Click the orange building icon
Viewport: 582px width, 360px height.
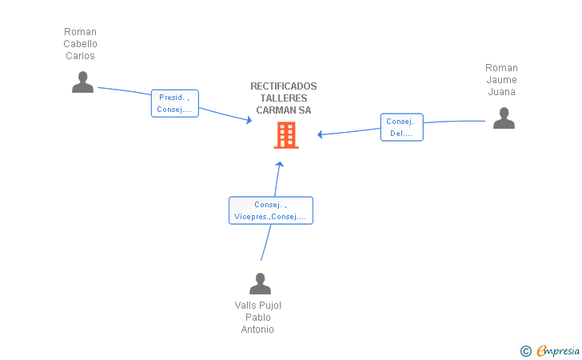pyautogui.click(x=286, y=136)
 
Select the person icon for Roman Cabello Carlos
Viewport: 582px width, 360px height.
pyautogui.click(x=82, y=82)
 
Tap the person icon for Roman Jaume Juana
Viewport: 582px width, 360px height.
pyautogui.click(x=504, y=118)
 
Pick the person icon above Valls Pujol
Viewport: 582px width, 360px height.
pyautogui.click(x=260, y=283)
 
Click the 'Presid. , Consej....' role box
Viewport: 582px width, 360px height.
pyautogui.click(x=175, y=103)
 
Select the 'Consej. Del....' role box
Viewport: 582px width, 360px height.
pyautogui.click(x=401, y=127)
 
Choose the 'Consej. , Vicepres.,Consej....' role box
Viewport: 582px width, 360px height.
pyautogui.click(x=271, y=210)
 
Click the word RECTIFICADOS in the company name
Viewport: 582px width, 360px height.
pyautogui.click(x=284, y=86)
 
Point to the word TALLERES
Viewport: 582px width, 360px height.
pyautogui.click(x=284, y=98)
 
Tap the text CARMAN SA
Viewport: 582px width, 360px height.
pyautogui.click(x=284, y=110)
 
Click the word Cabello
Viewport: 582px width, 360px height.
pyautogui.click(x=80, y=44)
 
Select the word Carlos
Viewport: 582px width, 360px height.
pyautogui.click(x=80, y=56)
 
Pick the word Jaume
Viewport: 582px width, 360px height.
pyautogui.click(x=501, y=80)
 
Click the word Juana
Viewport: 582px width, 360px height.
pyautogui.click(x=501, y=92)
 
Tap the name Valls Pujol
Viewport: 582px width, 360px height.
pyautogui.click(x=258, y=306)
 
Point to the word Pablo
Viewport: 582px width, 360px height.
pyautogui.click(x=258, y=318)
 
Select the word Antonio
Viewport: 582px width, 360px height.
pyautogui.click(x=257, y=329)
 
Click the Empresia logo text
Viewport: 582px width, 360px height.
pyautogui.click(x=558, y=350)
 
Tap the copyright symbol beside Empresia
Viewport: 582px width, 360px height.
pyautogui.click(x=526, y=351)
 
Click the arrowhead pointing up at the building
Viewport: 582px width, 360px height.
pyautogui.click(x=280, y=164)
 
